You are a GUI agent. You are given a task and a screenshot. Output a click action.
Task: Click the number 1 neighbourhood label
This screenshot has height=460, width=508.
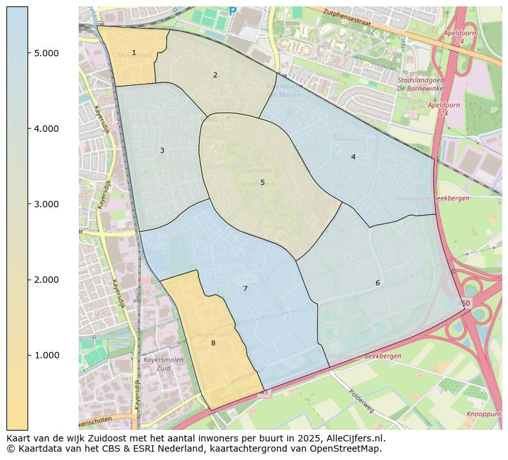(x=134, y=53)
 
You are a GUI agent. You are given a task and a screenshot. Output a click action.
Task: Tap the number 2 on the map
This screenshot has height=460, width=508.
(x=215, y=75)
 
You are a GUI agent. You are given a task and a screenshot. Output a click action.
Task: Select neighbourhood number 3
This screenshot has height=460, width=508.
(x=162, y=151)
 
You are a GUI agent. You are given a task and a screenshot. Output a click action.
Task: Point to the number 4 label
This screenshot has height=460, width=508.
(x=353, y=157)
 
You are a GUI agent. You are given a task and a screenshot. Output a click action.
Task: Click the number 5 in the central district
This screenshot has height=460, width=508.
(x=262, y=183)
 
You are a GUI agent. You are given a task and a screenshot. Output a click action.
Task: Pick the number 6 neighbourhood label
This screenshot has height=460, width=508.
(x=377, y=283)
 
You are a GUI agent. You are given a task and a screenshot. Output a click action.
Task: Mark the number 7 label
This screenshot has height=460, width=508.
(x=245, y=289)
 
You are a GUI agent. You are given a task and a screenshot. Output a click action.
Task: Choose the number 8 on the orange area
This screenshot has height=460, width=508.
(x=213, y=344)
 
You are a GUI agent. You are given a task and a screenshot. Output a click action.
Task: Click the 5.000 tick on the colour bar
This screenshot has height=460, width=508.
(x=47, y=53)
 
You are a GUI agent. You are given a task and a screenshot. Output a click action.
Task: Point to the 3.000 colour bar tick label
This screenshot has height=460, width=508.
(x=47, y=204)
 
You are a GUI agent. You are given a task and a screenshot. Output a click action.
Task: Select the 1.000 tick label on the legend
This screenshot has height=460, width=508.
(x=47, y=356)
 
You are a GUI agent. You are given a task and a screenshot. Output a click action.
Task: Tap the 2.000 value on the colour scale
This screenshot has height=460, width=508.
(x=47, y=280)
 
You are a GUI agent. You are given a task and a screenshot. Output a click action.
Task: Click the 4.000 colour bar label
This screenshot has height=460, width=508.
(x=47, y=129)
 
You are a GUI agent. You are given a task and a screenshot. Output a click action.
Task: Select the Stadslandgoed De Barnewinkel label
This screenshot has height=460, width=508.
(x=420, y=84)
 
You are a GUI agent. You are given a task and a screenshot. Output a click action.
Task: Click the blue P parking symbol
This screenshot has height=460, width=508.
(x=232, y=11)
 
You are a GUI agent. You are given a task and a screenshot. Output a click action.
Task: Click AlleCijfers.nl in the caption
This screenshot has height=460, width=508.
(x=356, y=439)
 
